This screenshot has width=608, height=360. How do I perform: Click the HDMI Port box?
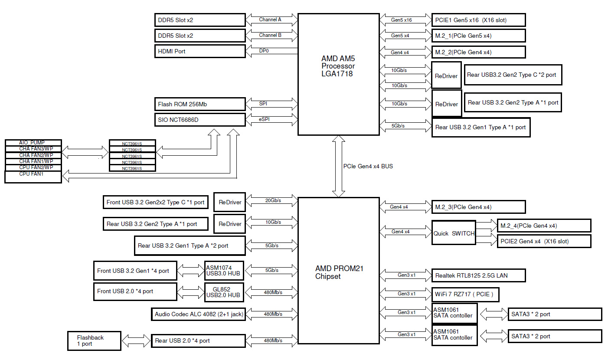tap(200, 51)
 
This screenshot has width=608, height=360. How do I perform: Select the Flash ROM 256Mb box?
tap(200, 104)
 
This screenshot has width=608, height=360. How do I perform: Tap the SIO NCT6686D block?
tap(200, 120)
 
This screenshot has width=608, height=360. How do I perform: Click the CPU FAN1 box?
tap(33, 176)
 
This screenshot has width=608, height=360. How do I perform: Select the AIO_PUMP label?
tap(33, 143)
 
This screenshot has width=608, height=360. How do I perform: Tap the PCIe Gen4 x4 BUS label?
tap(368, 166)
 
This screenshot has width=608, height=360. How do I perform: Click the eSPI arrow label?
tap(264, 119)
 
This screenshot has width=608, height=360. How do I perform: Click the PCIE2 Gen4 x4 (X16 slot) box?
tap(544, 241)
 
